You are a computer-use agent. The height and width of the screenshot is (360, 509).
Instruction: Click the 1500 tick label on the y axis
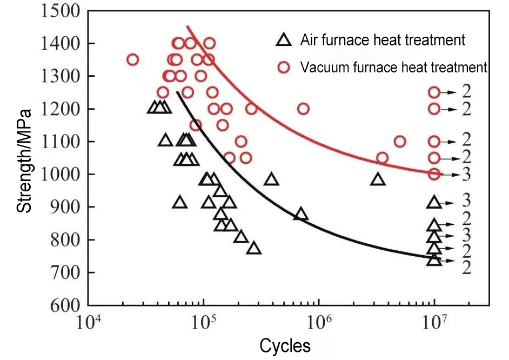(61, 11)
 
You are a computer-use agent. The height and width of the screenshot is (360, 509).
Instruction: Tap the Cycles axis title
(285, 345)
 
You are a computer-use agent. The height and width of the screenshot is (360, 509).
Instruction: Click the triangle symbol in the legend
(284, 39)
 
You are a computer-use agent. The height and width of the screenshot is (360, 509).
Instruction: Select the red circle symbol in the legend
(284, 68)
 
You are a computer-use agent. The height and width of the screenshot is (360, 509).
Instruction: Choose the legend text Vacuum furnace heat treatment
(394, 68)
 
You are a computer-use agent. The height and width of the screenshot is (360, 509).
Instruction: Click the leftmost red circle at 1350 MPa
(132, 59)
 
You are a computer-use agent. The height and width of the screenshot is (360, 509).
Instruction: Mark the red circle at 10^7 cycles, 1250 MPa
(434, 92)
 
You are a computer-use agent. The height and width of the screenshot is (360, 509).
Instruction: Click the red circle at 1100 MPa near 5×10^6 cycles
(400, 142)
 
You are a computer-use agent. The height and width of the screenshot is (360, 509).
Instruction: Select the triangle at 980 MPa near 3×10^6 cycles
(378, 179)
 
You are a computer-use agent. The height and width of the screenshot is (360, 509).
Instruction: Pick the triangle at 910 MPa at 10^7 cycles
(434, 202)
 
